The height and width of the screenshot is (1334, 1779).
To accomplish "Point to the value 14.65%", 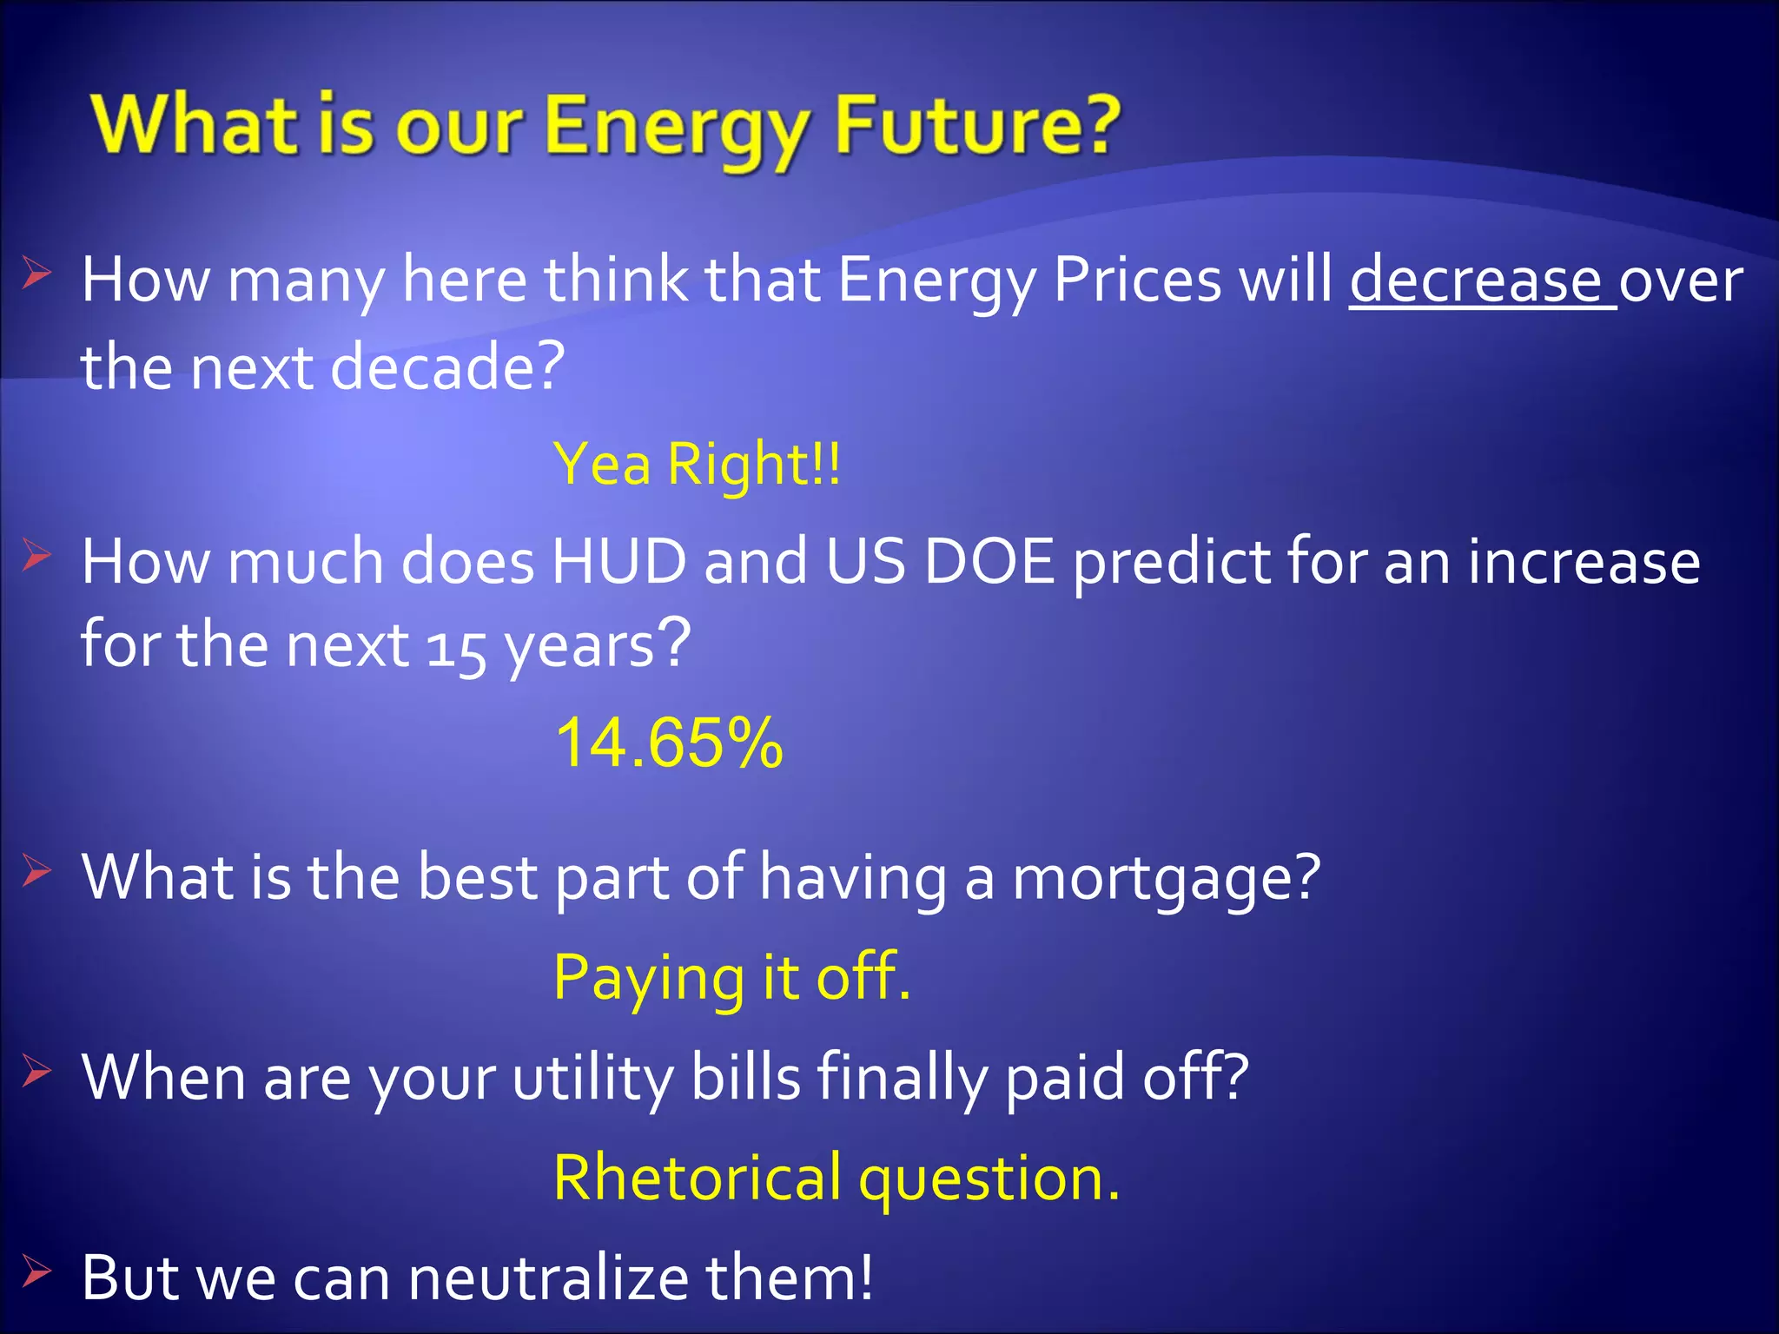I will click(x=669, y=743).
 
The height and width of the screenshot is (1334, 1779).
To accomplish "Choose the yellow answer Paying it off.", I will click(x=731, y=978).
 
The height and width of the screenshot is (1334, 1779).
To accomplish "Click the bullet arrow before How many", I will click(x=37, y=274).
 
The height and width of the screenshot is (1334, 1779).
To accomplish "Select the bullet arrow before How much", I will click(x=37, y=555).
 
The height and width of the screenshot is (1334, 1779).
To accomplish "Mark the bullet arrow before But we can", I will click(x=37, y=1272).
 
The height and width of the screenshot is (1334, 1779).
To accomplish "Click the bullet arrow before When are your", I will click(x=37, y=1072).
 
